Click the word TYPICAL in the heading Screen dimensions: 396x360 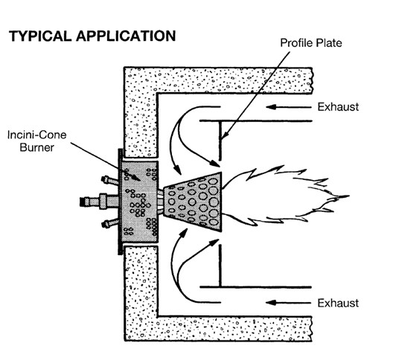40,36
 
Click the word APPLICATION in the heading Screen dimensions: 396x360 126,36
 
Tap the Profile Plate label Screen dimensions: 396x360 311,43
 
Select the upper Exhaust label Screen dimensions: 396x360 338,107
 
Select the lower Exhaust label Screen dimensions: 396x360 338,303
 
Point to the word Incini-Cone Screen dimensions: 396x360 37,135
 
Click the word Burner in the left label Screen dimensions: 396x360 37,147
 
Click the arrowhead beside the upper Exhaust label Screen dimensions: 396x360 270,107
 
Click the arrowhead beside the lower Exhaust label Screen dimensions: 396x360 270,303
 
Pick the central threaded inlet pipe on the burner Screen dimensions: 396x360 99,202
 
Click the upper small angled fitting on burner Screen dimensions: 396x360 109,180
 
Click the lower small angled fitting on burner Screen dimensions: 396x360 109,224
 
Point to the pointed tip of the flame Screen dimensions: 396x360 348,196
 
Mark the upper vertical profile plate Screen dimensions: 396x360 220,141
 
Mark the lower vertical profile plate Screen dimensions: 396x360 220,266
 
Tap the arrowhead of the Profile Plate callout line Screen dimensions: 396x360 223,135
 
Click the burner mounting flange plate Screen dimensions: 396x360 121,202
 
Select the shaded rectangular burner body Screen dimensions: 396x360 140,202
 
